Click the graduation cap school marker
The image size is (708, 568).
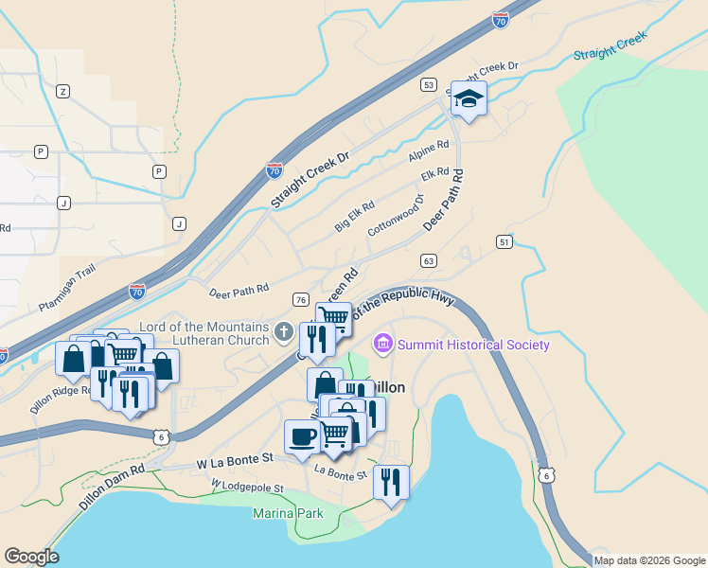468,98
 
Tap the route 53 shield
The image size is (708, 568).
429,85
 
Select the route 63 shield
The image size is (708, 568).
429,260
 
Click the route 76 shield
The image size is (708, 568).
300,299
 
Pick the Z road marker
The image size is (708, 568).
63,91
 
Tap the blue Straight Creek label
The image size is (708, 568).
610,46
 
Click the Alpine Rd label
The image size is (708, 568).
429,151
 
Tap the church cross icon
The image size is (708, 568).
283,332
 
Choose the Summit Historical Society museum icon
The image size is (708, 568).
383,344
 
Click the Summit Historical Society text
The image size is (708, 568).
474,345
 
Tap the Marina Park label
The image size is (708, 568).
288,514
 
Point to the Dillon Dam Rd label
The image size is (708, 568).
112,488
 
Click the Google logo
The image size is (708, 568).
31,557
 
